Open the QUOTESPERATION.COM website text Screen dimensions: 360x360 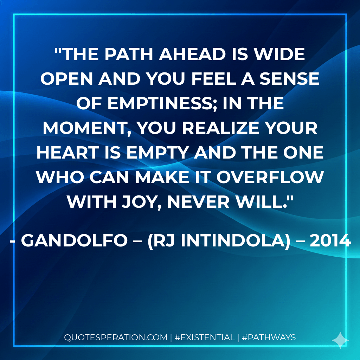pos(116,338)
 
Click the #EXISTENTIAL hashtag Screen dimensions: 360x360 pos(205,338)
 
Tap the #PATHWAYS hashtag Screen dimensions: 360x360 pos(269,338)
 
